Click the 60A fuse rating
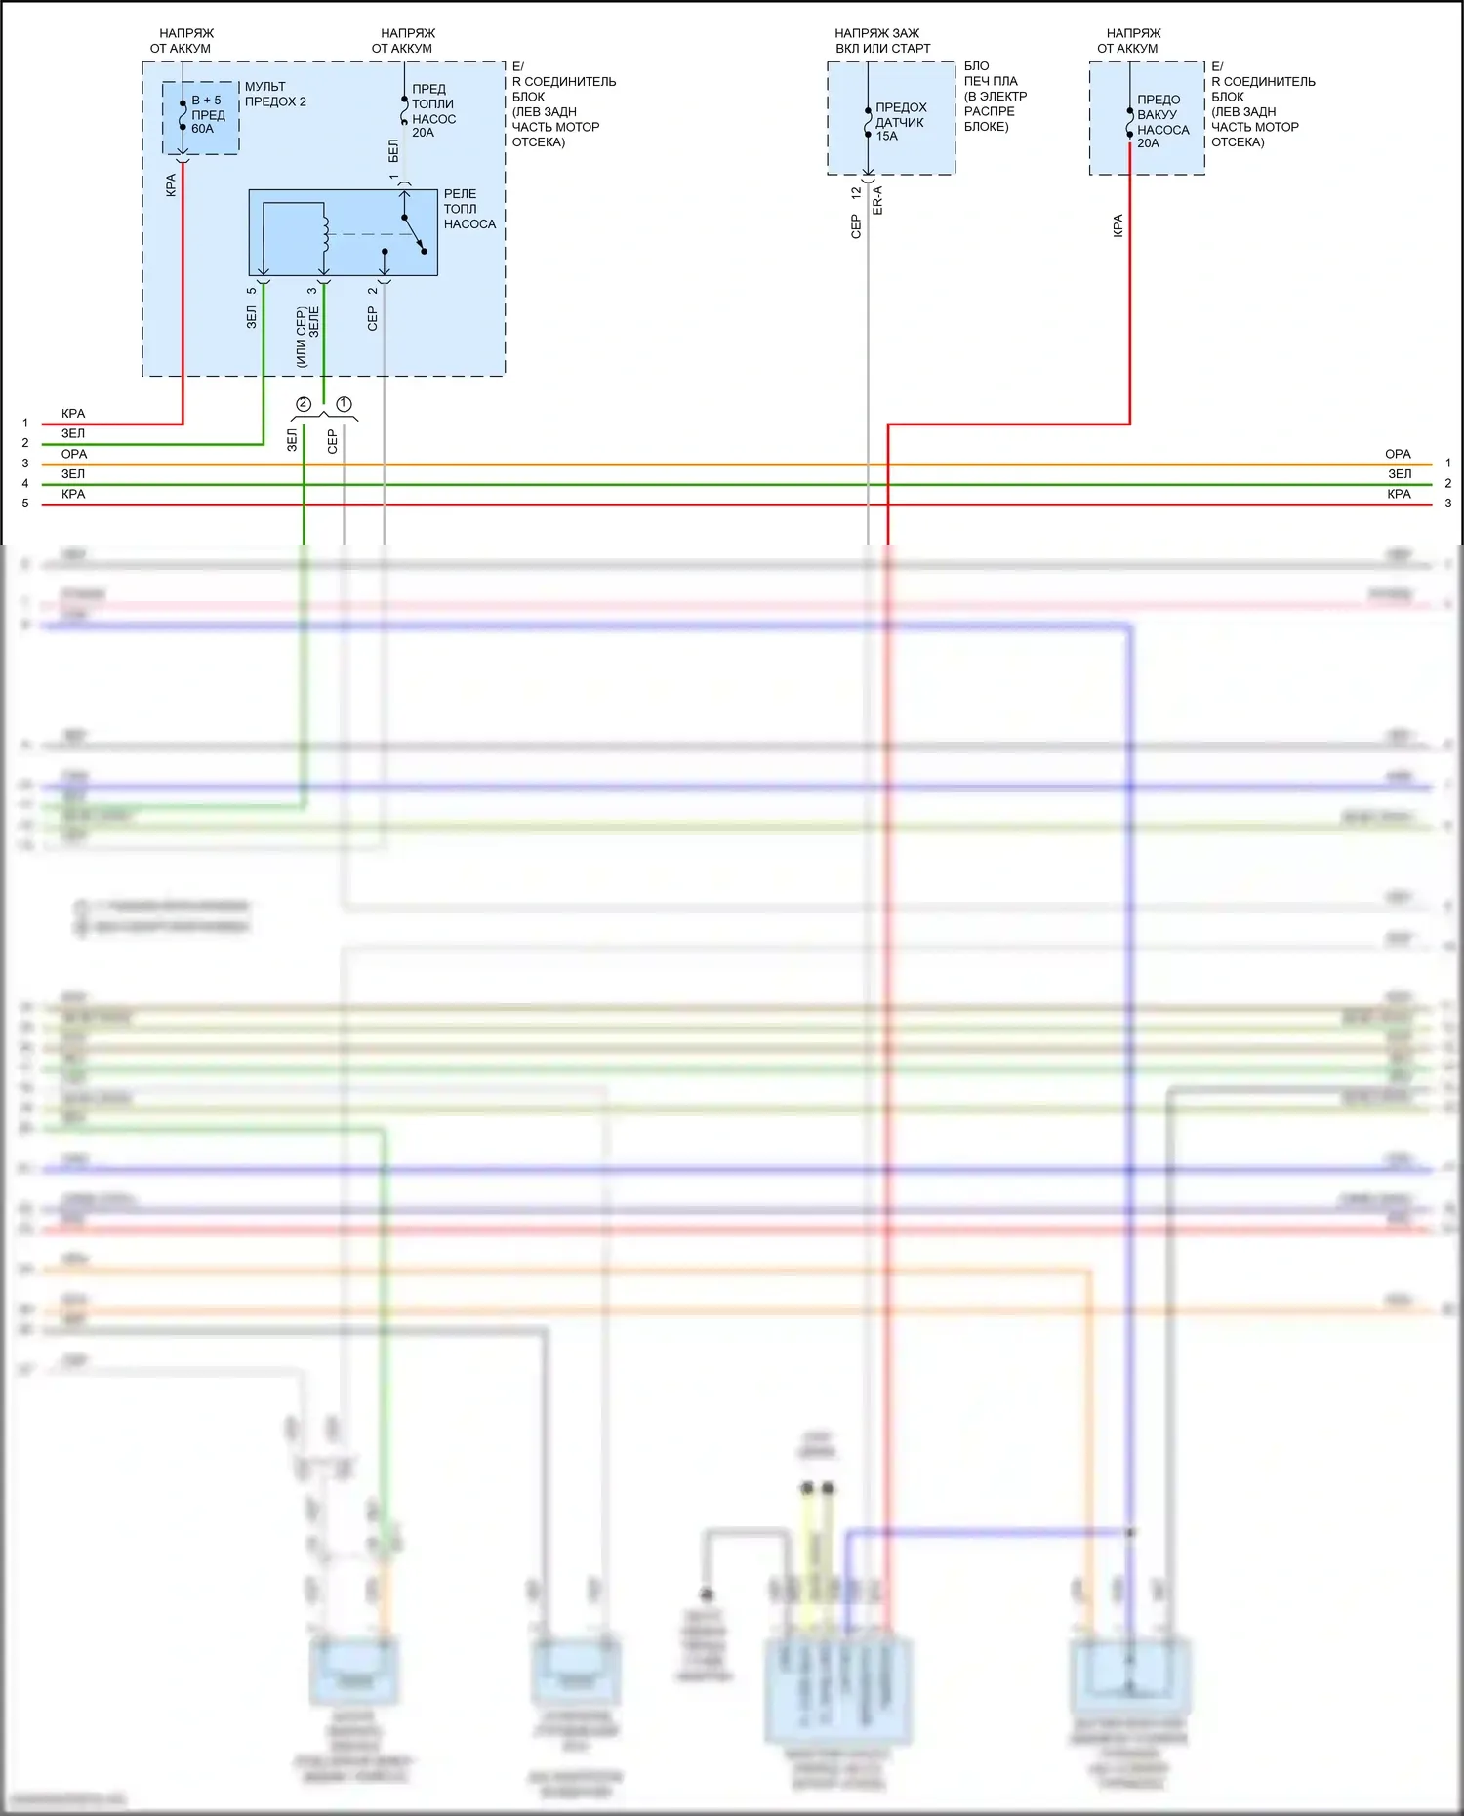[x=202, y=129]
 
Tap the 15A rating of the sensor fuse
[x=886, y=137]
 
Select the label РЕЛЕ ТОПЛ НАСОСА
[x=469, y=209]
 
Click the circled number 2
[x=304, y=404]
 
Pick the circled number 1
[x=344, y=404]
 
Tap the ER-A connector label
[x=877, y=200]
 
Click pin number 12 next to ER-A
[x=856, y=193]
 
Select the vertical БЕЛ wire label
[x=393, y=150]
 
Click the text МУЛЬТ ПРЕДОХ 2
[x=275, y=94]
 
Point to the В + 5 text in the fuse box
[x=206, y=101]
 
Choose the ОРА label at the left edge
[x=74, y=454]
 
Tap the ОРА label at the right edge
[x=1398, y=454]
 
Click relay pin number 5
[x=252, y=290]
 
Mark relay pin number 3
[x=312, y=290]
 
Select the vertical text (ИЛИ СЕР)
[x=302, y=338]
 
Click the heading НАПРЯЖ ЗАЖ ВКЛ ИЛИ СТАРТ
[x=882, y=40]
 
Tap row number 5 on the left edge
[x=25, y=504]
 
